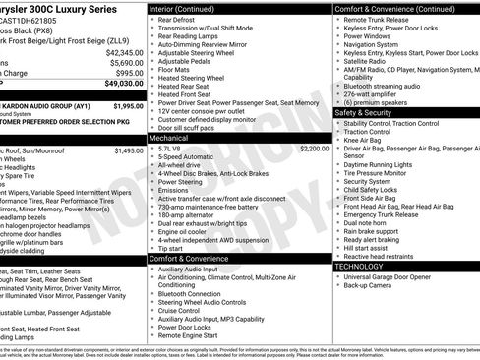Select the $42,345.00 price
pyautogui.click(x=123, y=51)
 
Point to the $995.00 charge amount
pyautogui.click(x=128, y=73)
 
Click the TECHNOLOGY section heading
pyautogui.click(x=361, y=267)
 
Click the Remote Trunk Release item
pyautogui.click(x=381, y=20)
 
